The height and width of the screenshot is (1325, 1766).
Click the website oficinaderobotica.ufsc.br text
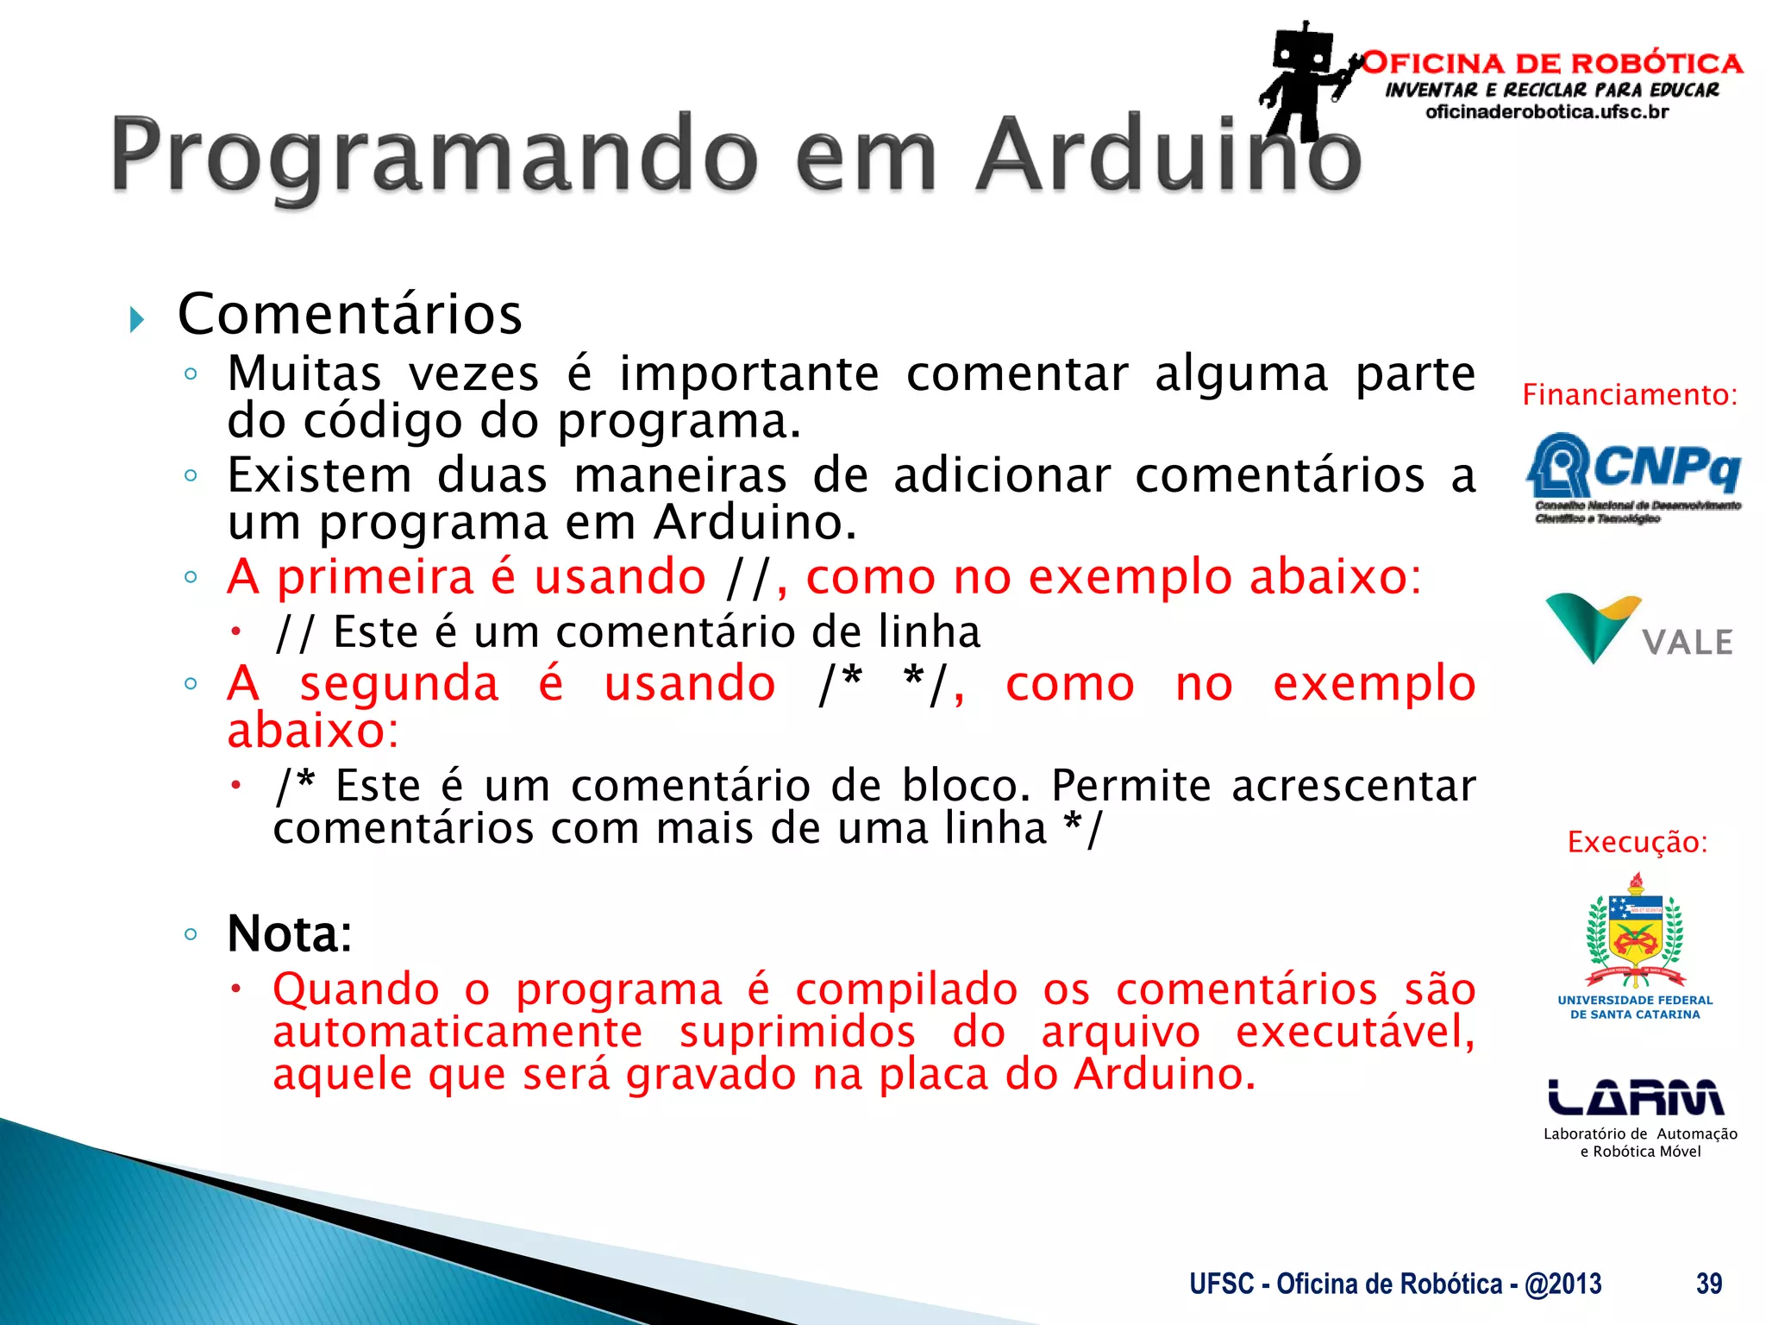pyautogui.click(x=1547, y=112)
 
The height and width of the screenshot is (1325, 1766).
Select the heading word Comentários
pyautogui.click(x=349, y=314)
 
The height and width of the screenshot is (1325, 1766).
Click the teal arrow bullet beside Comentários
pyautogui.click(x=136, y=320)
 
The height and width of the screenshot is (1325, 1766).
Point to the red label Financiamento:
pyautogui.click(x=1629, y=395)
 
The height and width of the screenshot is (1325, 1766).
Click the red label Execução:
pyautogui.click(x=1637, y=842)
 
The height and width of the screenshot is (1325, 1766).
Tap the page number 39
pyautogui.click(x=1708, y=1284)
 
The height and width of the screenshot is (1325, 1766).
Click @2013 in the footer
pyautogui.click(x=1562, y=1284)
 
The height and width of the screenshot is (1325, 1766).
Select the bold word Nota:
pyautogui.click(x=290, y=933)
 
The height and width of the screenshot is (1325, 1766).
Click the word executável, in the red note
pyautogui.click(x=1354, y=1032)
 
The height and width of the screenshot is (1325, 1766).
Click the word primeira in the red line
pyautogui.click(x=375, y=577)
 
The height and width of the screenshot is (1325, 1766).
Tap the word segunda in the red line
pyautogui.click(x=398, y=684)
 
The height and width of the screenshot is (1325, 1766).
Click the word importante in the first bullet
pyautogui.click(x=748, y=374)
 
